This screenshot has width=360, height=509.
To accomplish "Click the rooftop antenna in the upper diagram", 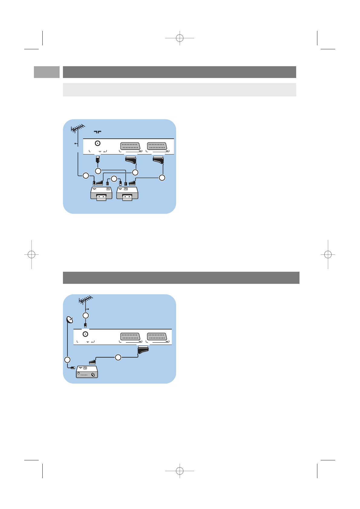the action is [77, 128].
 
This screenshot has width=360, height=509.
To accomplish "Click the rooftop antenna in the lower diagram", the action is [85, 300].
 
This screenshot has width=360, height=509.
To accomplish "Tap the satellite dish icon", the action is [70, 320].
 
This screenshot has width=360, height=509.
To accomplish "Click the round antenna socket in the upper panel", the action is [98, 144].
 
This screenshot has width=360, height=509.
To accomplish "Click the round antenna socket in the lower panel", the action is [85, 334].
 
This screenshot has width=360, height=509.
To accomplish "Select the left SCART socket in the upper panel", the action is [130, 146].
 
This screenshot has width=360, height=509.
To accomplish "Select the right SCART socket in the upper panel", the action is [157, 146].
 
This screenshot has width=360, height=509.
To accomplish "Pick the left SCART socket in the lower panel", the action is [130, 336].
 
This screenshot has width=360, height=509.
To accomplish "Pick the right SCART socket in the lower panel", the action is [157, 336].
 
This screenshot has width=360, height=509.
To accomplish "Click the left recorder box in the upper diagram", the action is [101, 193].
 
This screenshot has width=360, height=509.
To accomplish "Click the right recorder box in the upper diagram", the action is [127, 193].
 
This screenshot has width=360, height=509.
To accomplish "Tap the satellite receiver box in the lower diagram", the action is [87, 372].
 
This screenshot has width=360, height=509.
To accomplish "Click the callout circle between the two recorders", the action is [114, 179].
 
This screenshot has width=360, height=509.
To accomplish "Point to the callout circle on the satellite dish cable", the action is [67, 360].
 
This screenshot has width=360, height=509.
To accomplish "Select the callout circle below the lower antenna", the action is [86, 316].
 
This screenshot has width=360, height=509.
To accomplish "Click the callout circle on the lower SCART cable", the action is [118, 358].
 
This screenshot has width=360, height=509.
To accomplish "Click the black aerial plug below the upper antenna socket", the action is [98, 159].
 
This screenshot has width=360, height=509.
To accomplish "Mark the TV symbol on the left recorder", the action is [108, 189].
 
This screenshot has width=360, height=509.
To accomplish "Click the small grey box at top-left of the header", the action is [47, 72].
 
